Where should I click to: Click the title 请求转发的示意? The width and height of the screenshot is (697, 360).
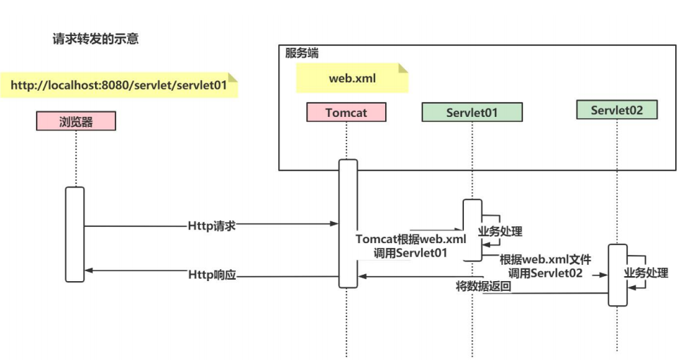[x=95, y=39]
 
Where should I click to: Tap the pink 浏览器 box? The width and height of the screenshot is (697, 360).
[x=75, y=121]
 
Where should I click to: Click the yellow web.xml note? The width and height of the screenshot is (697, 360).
[x=352, y=78]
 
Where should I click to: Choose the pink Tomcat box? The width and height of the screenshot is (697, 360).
[x=346, y=112]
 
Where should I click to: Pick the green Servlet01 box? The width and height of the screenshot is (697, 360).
[x=472, y=112]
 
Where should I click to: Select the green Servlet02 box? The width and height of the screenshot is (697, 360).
[x=617, y=110]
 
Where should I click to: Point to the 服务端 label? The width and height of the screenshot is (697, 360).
[x=301, y=54]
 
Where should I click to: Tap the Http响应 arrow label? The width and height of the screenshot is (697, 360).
[x=211, y=274]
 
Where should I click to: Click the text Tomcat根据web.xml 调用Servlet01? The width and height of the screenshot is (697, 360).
[x=411, y=246]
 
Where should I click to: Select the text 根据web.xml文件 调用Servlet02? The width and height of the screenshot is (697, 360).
[x=546, y=266]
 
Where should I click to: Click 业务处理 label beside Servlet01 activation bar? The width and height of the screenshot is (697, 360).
[x=501, y=230]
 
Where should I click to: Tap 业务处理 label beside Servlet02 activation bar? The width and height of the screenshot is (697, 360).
[x=646, y=273]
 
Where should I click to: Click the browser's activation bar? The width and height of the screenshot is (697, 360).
[x=75, y=233]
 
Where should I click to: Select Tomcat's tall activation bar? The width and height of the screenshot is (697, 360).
[x=348, y=223]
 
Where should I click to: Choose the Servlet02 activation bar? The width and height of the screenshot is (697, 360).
[x=617, y=275]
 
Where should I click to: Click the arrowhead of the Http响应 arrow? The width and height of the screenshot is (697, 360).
[x=89, y=271]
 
